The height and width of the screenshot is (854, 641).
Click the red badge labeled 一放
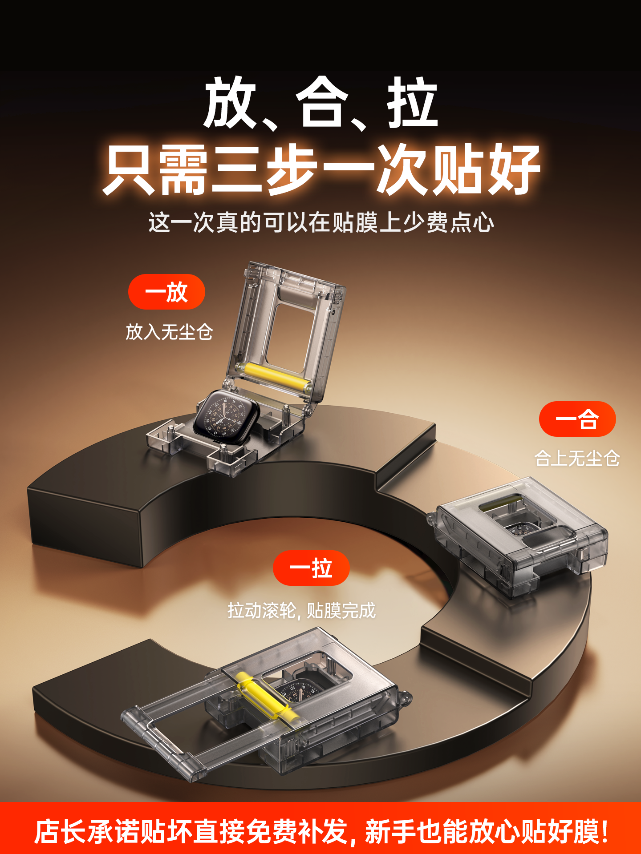pos(166,292)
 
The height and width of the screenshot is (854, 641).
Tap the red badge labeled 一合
pos(577,419)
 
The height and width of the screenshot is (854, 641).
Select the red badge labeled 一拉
pos(311,568)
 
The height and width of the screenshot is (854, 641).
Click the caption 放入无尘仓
pos(169,332)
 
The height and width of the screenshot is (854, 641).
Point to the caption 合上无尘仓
pos(577,458)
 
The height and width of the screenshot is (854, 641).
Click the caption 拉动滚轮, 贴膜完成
pos(301,610)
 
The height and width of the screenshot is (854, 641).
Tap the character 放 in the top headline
pos(230,103)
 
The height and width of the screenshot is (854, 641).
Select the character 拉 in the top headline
pos(412,103)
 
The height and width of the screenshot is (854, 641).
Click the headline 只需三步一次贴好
pos(321,170)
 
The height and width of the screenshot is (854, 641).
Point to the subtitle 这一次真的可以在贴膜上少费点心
pos(321,222)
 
